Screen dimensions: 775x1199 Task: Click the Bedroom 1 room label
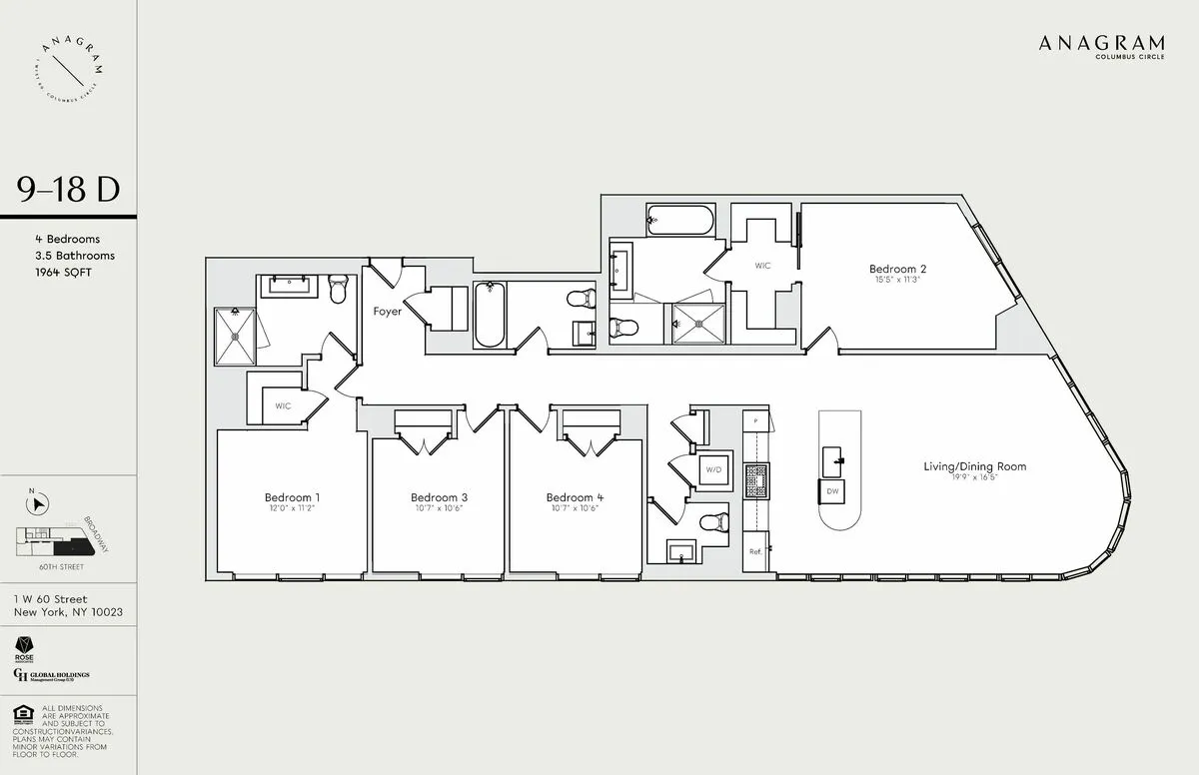click(292, 497)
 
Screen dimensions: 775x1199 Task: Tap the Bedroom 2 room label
click(897, 269)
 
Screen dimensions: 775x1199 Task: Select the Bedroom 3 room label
click(439, 497)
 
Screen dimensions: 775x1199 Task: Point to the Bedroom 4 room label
click(575, 497)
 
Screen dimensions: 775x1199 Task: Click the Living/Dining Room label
click(974, 466)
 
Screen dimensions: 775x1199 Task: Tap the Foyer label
click(388, 312)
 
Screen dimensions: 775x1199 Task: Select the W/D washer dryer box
click(713, 469)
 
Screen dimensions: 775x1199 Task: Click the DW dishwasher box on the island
click(832, 491)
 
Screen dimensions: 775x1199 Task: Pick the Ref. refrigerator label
click(756, 551)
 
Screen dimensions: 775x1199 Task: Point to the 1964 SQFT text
click(62, 272)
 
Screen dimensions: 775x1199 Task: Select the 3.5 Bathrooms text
click(74, 256)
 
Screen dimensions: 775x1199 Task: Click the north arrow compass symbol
click(36, 504)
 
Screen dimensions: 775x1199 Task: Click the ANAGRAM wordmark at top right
click(1101, 43)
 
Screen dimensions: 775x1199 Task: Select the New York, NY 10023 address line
click(68, 612)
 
